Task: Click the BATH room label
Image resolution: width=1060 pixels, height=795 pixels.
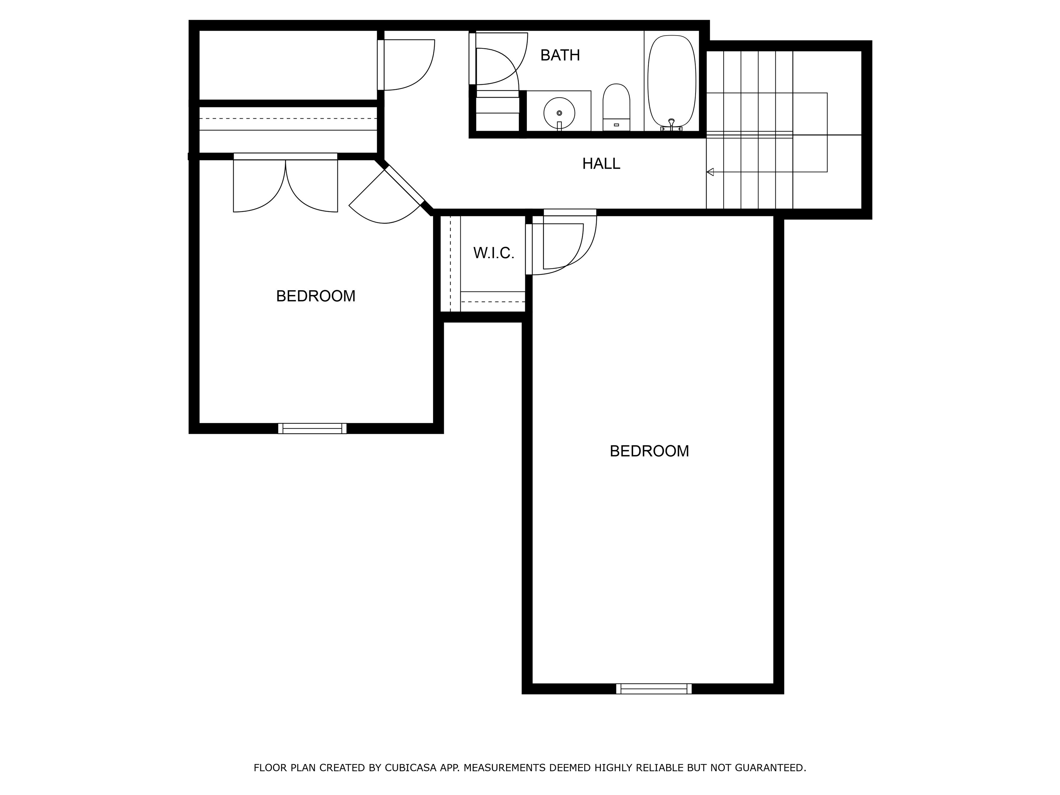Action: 560,56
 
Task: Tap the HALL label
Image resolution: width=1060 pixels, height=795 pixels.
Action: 601,164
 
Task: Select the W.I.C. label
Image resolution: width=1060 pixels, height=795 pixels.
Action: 493,253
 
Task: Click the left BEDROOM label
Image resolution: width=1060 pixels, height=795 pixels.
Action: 315,296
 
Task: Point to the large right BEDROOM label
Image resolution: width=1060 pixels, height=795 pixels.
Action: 649,451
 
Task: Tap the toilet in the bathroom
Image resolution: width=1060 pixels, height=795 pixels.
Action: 616,106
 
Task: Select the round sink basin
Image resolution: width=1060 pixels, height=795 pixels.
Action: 559,113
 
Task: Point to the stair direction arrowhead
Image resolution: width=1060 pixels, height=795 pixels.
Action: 710,172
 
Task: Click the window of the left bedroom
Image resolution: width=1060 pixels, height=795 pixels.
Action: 312,429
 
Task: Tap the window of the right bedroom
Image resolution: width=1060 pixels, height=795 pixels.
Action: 654,689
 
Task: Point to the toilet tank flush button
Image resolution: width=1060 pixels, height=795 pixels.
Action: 616,125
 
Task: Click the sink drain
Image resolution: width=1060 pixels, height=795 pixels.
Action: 559,113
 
